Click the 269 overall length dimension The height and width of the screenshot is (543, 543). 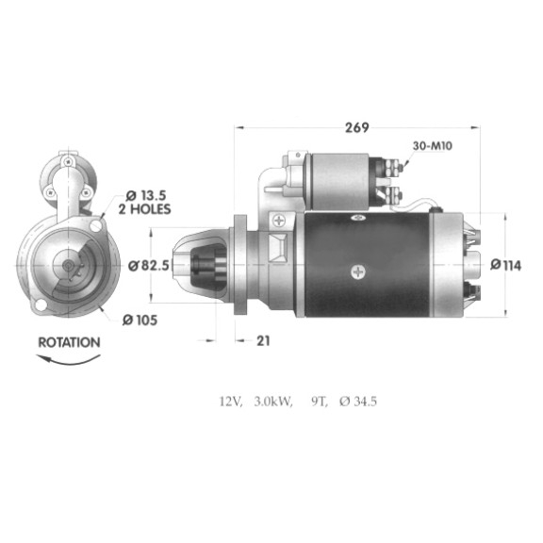357,128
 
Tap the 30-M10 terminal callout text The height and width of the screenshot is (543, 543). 432,146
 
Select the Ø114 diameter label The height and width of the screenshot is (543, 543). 505,265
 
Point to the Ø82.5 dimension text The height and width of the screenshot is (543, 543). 149,266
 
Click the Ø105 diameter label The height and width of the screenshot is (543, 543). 140,321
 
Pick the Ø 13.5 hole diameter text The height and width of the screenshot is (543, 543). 146,196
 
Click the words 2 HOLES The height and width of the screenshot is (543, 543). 145,209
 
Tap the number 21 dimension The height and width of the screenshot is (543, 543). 263,340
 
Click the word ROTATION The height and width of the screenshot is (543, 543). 69,342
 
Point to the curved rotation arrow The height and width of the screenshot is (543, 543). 69,360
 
